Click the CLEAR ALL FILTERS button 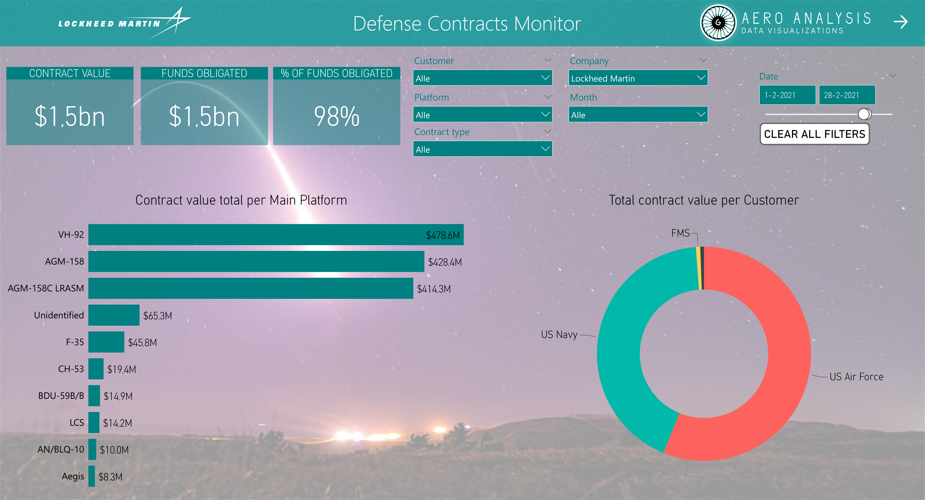(814, 134)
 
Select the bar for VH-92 (276, 235)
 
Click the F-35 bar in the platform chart (106, 342)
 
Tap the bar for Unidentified (114, 315)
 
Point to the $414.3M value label (434, 289)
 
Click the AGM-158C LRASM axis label (46, 288)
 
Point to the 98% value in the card (336, 116)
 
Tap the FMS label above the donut (680, 233)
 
